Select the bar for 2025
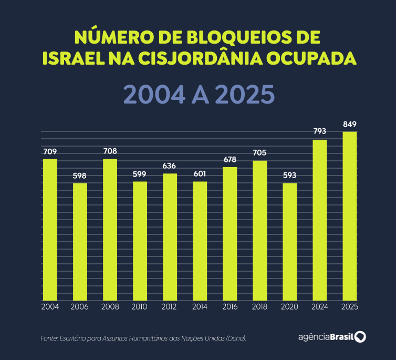tap(350, 216)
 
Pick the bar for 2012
tap(170, 237)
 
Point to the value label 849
tap(350, 125)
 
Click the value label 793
tap(320, 131)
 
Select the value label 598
tap(80, 176)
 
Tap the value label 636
tap(170, 166)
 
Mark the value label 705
tap(259, 153)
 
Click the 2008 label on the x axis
tap(110, 307)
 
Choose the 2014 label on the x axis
tap(200, 307)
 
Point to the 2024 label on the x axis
tap(320, 307)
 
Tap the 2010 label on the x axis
tap(140, 307)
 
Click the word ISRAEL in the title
tap(73, 58)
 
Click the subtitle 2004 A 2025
tap(199, 95)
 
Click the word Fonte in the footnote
tap(49, 338)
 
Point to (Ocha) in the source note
tap(236, 338)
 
